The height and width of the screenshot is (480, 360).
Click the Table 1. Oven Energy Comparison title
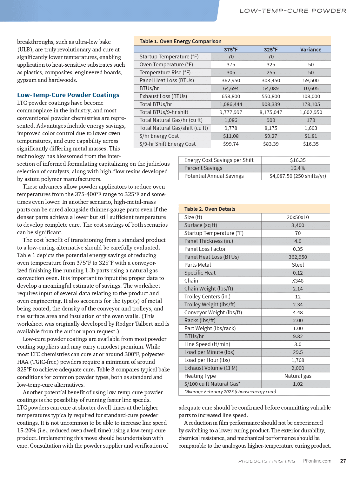coord(180,41)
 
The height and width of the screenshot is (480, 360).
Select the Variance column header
coord(310,50)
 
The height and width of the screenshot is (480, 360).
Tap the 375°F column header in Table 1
coord(231,50)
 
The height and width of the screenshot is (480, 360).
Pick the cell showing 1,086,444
coord(231,104)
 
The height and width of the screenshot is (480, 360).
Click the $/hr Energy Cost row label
coord(159,136)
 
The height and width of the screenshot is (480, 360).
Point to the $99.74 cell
coord(231,144)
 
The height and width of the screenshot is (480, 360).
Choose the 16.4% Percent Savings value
coord(297,168)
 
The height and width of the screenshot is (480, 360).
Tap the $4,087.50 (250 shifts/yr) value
coord(297,176)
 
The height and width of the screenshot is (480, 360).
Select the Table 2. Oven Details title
coord(210,209)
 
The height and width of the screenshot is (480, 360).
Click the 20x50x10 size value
coord(297,217)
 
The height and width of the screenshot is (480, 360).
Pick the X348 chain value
coord(297,281)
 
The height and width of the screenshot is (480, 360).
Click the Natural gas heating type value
coord(297,376)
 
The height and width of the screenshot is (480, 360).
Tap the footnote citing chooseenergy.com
coord(230,392)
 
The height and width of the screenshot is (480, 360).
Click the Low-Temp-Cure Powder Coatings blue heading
coord(68,95)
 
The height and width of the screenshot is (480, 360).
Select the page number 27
coord(343,461)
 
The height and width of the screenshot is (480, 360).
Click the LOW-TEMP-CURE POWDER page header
coord(293,11)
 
